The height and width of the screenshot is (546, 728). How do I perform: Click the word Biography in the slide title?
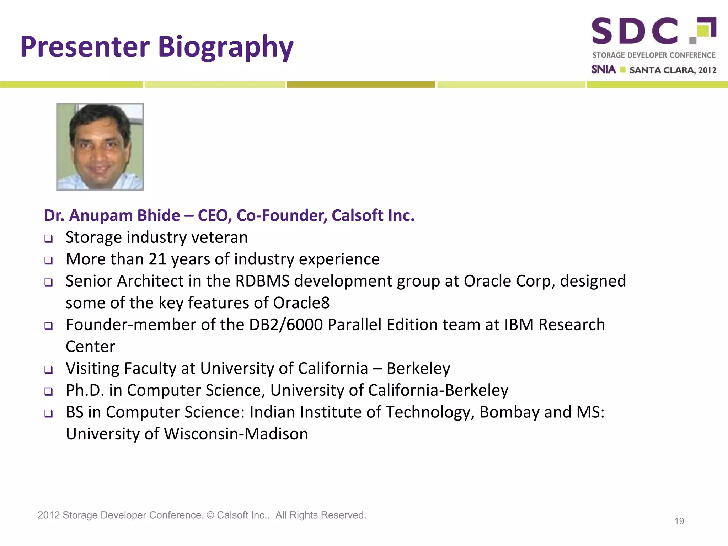225,47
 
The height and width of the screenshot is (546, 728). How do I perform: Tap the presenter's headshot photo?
100,147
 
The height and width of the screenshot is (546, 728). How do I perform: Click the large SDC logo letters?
635,31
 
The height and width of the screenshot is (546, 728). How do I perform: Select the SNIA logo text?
603,69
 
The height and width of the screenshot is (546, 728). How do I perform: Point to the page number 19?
679,521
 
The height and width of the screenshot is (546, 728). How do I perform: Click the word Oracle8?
301,303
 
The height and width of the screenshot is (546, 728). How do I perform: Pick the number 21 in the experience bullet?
157,259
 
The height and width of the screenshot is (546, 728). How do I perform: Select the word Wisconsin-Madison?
236,434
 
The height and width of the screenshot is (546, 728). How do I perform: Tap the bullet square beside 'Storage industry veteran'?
49,239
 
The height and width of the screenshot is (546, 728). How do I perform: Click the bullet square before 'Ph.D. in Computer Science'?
49,391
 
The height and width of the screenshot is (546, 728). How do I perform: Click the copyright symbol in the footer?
210,515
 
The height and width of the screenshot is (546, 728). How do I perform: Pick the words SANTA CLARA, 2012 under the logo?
673,70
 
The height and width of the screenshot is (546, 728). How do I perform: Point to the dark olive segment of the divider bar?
361,85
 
